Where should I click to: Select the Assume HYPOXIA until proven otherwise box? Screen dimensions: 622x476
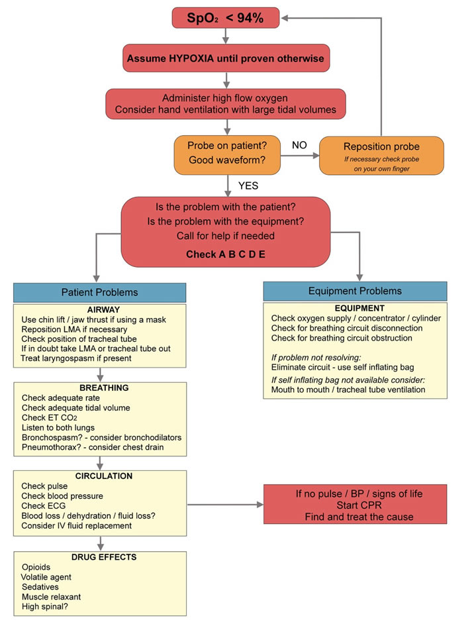(226, 58)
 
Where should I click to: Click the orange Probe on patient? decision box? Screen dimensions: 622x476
(227, 154)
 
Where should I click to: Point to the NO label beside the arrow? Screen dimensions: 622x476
(299, 145)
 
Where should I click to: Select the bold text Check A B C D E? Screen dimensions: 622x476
(226, 254)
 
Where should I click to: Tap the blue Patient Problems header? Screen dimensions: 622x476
(100, 293)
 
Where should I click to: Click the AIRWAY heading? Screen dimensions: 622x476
(100, 309)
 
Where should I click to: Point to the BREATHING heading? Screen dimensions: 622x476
(100, 388)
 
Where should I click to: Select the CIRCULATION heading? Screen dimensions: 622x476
(100, 476)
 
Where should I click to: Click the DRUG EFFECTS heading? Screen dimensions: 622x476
(100, 557)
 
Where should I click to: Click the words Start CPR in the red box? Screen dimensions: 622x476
(359, 506)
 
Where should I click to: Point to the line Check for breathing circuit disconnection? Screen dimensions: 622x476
(347, 328)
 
